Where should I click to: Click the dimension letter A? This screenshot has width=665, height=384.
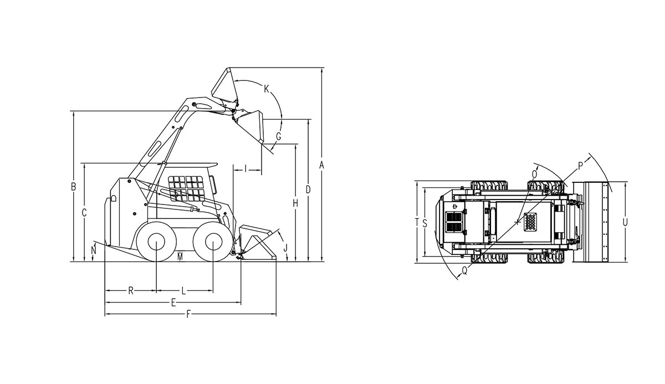point(321,165)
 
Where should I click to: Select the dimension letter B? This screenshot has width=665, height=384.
point(73,187)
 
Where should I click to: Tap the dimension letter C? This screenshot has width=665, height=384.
point(84,212)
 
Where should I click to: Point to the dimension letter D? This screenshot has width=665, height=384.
point(308,190)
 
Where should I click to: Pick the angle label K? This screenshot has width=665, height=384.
point(267,88)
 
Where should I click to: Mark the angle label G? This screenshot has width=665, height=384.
point(278,137)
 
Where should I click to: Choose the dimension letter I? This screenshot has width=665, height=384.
point(246,169)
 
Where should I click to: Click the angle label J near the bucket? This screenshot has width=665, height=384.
point(285,247)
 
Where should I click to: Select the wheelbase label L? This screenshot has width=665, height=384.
point(184,290)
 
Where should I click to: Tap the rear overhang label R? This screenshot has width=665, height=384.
point(131,290)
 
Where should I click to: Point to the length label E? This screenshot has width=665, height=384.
point(173,303)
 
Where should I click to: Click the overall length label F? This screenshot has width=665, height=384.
point(188,314)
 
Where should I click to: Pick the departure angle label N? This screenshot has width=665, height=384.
point(94,250)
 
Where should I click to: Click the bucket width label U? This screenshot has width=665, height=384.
point(625,222)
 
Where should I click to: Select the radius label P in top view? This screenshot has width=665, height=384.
point(580,166)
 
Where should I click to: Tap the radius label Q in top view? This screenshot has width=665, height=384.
point(465,270)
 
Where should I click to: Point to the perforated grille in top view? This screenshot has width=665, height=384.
point(530,222)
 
